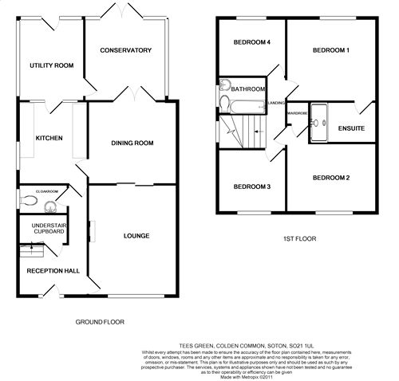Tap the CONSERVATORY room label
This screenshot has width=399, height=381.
pyautogui.click(x=125, y=50)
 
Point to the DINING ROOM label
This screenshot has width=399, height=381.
pyautogui.click(x=132, y=143)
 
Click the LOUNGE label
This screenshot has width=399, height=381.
pyautogui.click(x=137, y=235)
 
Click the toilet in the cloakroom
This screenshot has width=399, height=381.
pyautogui.click(x=30, y=202)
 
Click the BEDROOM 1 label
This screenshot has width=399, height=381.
pyautogui.click(x=330, y=49)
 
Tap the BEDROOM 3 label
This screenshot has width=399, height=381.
pyautogui.click(x=251, y=187)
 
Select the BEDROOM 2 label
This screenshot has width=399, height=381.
pyautogui.click(x=330, y=177)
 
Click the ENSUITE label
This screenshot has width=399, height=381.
pyautogui.click(x=351, y=128)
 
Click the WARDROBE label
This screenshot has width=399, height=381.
pyautogui.click(x=297, y=113)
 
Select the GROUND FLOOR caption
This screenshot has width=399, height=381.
pyautogui.click(x=100, y=322)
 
